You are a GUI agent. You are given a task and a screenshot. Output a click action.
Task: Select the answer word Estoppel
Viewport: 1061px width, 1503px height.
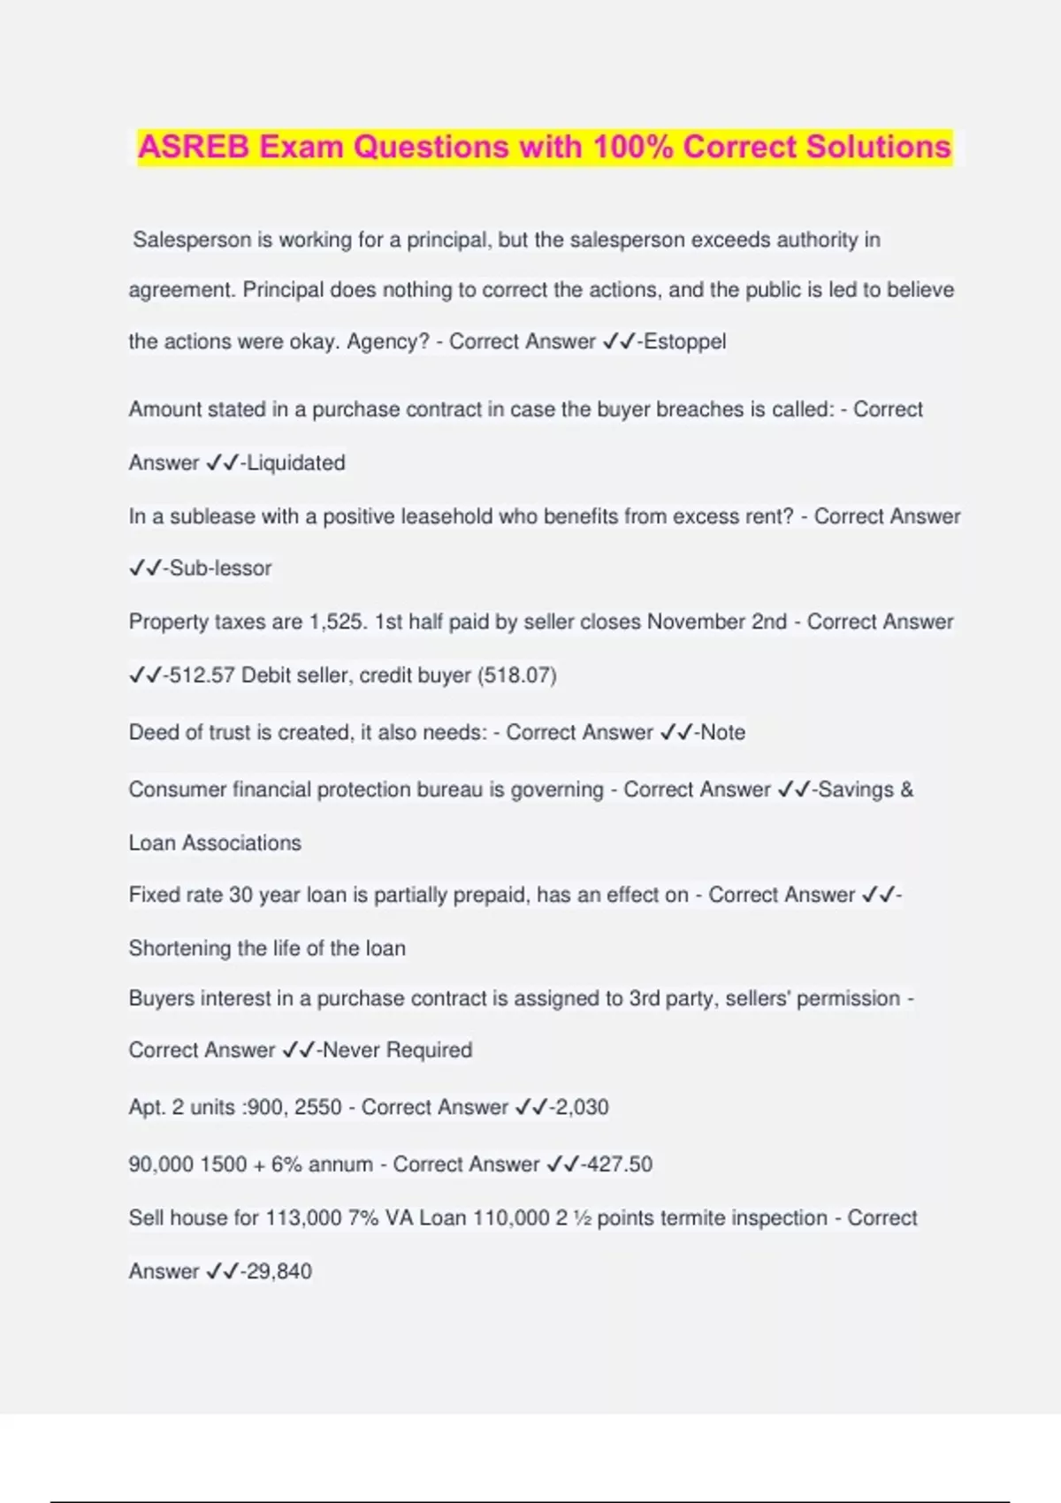684,341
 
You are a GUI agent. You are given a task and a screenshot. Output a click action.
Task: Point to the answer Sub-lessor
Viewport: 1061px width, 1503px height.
220,568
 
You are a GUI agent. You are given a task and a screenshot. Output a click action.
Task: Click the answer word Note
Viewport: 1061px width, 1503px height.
723,732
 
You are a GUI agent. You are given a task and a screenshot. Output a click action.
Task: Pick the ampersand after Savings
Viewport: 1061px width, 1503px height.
906,790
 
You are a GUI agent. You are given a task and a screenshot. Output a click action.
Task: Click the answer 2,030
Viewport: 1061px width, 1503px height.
582,1107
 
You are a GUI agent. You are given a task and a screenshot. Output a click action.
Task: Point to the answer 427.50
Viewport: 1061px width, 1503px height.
620,1163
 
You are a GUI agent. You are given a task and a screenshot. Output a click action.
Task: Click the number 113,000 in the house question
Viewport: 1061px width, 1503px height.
303,1217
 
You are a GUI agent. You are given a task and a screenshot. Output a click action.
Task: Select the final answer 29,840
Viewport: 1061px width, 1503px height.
279,1271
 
